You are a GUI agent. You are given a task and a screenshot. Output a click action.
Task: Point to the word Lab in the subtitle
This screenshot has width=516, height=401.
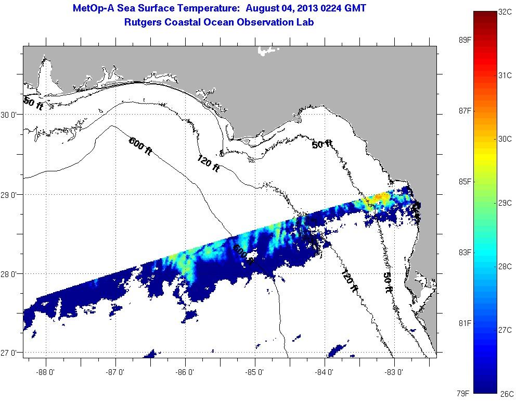point(304,22)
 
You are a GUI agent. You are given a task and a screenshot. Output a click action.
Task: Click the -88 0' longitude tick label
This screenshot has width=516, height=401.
point(46,372)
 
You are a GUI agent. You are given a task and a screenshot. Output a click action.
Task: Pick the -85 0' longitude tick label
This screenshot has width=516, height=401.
point(255,372)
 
